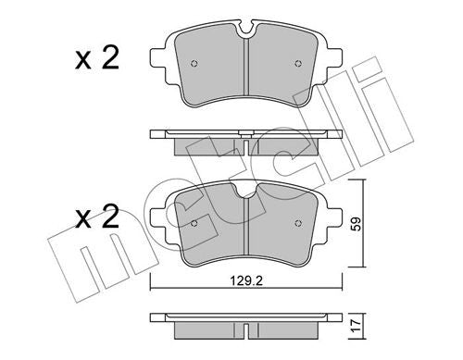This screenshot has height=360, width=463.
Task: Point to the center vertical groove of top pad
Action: point(244,74)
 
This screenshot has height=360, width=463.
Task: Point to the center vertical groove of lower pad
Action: point(244,231)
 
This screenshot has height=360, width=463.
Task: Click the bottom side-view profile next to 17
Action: point(244,321)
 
